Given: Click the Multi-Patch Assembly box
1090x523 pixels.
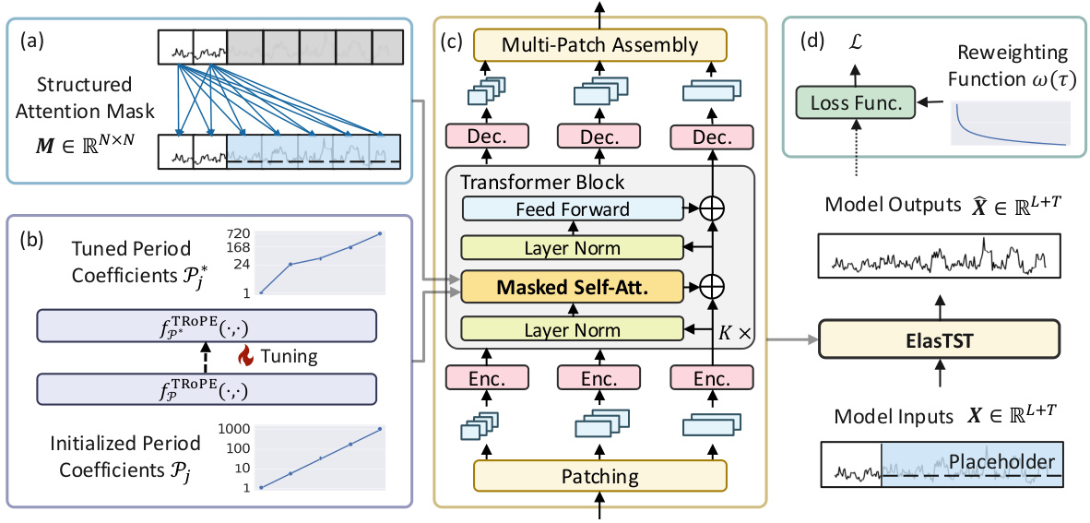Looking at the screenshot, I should [600, 44].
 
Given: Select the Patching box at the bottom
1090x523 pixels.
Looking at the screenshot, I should [600, 477].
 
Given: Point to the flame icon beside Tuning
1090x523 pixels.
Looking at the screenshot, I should [244, 354].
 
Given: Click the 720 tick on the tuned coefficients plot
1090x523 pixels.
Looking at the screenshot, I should [240, 234].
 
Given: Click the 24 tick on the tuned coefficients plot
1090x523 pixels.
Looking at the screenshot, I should [242, 264].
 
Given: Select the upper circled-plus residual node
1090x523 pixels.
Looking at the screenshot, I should [711, 208].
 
